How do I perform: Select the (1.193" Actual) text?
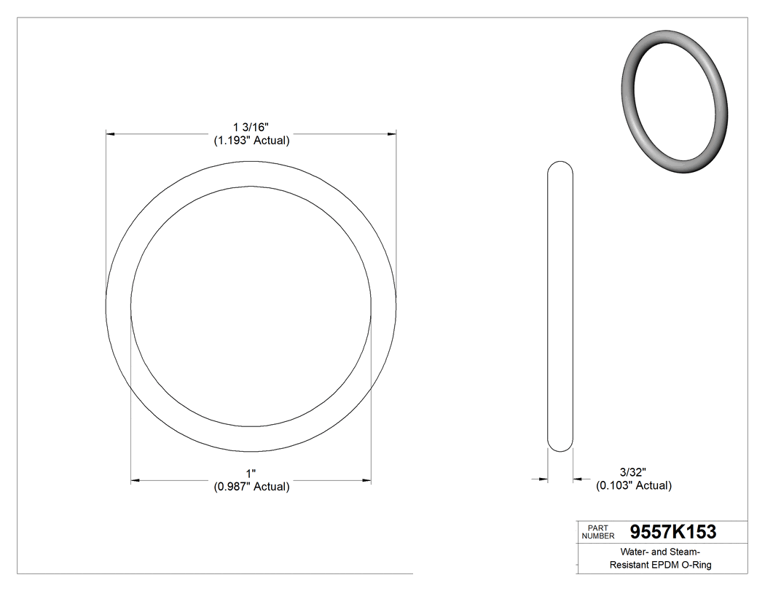coord(251,141)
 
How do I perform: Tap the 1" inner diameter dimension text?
coord(251,474)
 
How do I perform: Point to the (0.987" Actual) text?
coord(251,487)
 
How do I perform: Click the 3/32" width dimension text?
coord(633,472)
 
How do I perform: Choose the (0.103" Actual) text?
coord(634,485)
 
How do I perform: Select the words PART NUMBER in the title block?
coord(597,532)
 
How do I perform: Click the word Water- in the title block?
coord(636,552)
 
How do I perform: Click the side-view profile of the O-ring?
coord(560,306)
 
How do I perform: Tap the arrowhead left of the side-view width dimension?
coord(543,479)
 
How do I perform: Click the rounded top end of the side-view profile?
coord(560,166)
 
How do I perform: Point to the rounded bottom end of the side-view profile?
coord(560,446)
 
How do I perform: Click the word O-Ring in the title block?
coord(696,565)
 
